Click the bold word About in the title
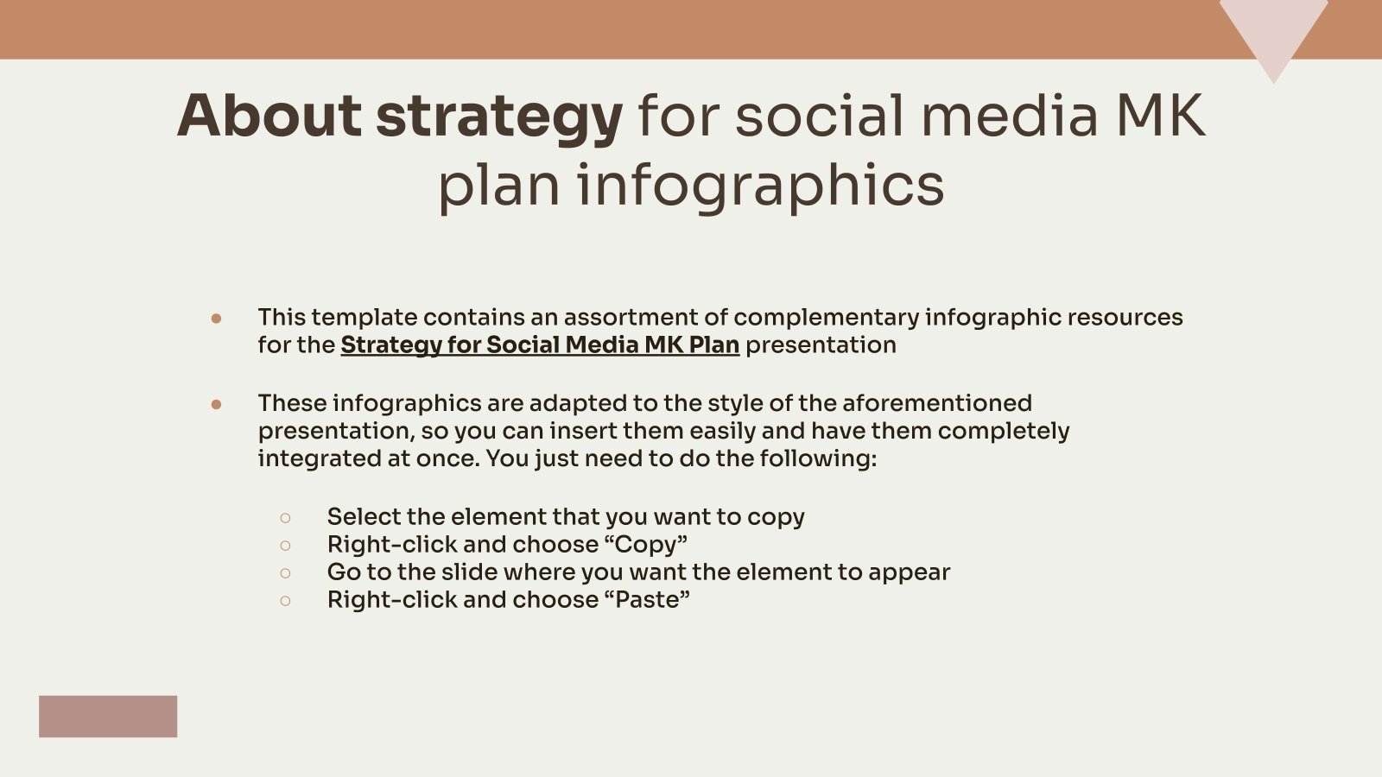[269, 116]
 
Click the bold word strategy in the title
[498, 117]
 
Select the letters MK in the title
[1160, 116]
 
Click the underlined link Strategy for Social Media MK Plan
[539, 345]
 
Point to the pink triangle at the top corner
[1273, 30]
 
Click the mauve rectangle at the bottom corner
[108, 717]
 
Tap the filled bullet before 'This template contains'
[216, 319]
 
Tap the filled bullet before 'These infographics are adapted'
[216, 404]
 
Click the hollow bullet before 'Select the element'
[285, 518]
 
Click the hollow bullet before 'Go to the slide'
[285, 573]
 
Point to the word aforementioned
[936, 403]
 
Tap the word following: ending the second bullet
[818, 458]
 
